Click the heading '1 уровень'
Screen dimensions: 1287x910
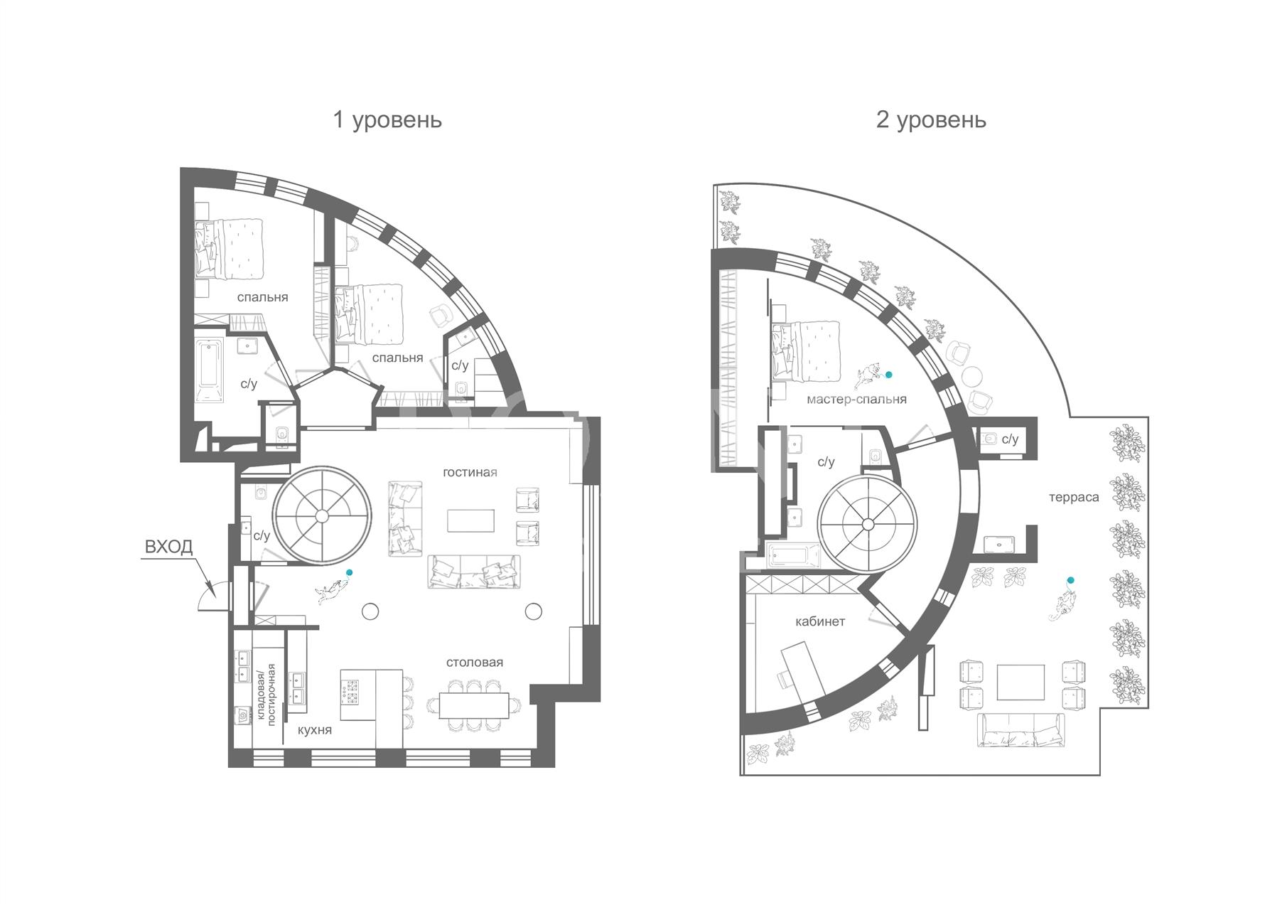coord(387,119)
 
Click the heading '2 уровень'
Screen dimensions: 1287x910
coord(931,119)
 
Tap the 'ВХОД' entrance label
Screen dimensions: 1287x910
coord(168,547)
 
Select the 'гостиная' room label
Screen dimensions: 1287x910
coord(470,472)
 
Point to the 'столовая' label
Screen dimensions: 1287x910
coord(475,662)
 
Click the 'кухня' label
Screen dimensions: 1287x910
coord(315,730)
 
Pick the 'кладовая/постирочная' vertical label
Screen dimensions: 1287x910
coord(266,693)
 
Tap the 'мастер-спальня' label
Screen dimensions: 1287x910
coord(856,400)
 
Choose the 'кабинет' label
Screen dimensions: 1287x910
coord(820,621)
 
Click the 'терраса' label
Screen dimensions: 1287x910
coord(1074,498)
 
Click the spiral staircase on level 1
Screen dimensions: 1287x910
coord(323,515)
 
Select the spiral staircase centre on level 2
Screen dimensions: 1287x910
coord(867,525)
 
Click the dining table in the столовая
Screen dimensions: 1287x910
coord(474,705)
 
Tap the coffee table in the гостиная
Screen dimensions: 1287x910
coord(470,520)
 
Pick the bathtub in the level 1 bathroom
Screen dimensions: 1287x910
coord(210,371)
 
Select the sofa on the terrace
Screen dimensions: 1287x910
coord(1021,731)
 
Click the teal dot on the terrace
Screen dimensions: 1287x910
coord(1070,581)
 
